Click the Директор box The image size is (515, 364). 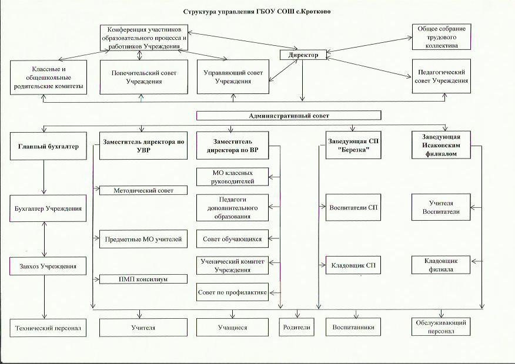click(303, 55)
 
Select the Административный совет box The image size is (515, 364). click(289, 116)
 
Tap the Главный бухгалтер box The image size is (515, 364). click(45, 146)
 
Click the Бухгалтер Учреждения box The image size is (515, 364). click(45, 208)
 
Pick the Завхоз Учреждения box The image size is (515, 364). click(45, 266)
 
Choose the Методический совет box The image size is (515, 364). click(143, 190)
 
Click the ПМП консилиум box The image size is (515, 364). click(143, 279)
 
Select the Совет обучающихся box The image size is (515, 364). click(232, 239)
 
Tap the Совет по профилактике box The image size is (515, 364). click(232, 292)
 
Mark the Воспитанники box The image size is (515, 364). click(353, 327)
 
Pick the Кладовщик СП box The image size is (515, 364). click(353, 265)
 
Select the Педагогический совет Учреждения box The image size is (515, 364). click(440, 76)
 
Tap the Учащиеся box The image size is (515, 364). click(232, 327)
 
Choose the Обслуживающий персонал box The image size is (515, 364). click(440, 327)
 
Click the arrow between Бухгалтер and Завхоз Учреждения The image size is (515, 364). click(45, 237)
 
